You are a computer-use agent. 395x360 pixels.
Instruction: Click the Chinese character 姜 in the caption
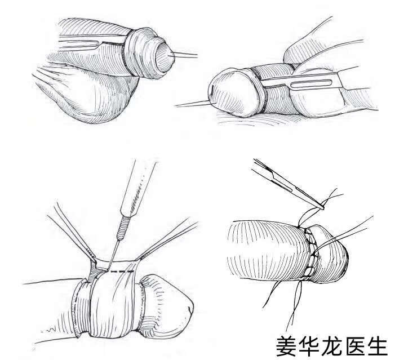pos(286,346)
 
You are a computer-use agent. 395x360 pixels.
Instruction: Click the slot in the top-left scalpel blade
pos(78,44)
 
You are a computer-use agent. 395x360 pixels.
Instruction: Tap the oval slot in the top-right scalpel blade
pos(311,84)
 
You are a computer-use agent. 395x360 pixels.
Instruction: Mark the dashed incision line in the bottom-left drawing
pos(122,272)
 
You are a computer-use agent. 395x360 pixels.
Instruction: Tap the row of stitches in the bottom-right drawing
pos(311,253)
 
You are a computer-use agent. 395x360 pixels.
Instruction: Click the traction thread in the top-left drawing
pos(183,55)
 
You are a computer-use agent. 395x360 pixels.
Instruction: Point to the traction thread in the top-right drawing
pos(193,103)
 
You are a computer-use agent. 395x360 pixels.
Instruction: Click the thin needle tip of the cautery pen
pos(112,255)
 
